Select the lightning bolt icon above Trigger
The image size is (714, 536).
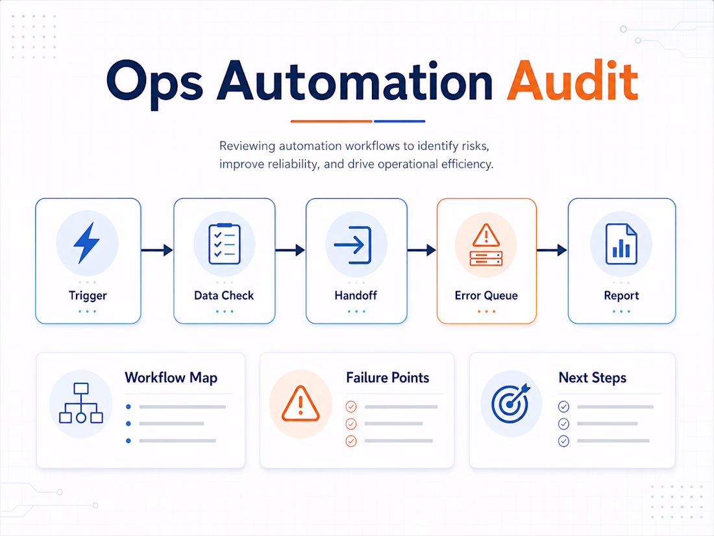coord(86,243)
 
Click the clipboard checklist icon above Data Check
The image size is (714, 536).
coord(225,244)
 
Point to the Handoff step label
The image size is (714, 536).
coord(356,296)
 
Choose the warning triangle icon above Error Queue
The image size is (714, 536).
coord(486,235)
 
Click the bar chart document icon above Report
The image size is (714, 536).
coord(621,244)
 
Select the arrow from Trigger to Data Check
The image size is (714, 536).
coord(157,249)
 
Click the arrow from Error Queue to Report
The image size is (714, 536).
coord(552,249)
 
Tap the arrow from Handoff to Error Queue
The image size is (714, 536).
coord(422,249)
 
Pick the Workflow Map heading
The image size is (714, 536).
coord(171,378)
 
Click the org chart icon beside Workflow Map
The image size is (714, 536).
coord(81,403)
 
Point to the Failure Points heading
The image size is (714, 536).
coord(388,378)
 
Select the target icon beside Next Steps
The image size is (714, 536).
coord(510,402)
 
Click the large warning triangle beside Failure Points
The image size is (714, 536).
coord(301,403)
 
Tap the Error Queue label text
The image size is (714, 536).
coord(486,296)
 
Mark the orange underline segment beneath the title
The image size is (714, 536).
coord(332,121)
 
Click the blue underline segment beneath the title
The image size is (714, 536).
coord(400,121)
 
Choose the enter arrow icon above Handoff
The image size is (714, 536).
coord(353,245)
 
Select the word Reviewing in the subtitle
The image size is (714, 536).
coord(247,146)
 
